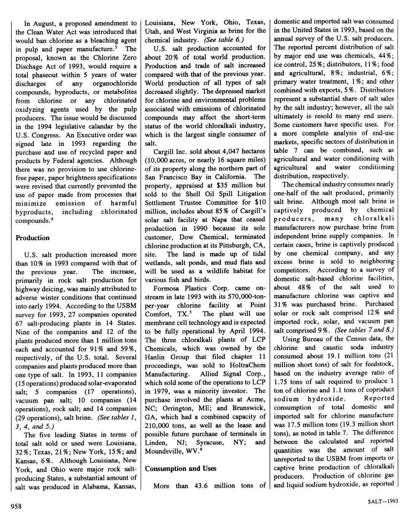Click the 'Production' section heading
[33, 238]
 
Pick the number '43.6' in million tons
[200, 486]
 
